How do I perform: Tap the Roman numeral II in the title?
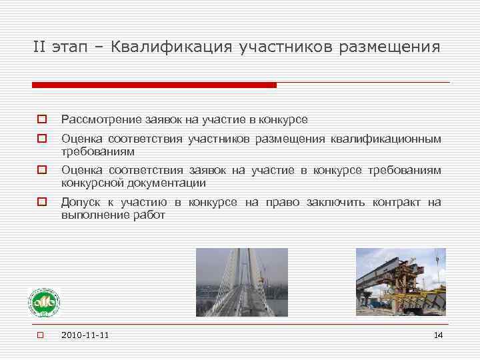tap(41, 47)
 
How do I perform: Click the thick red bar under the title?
tap(154, 85)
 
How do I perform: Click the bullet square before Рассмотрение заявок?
tap(41, 120)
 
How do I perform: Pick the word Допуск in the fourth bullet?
tap(78, 202)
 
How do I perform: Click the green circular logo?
tap(43, 303)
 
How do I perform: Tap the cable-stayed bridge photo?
tap(242, 282)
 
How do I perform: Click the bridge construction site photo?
tap(401, 282)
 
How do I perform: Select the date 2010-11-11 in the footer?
tap(85, 335)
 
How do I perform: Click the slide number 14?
tap(438, 335)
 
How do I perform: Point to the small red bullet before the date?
tap(40, 335)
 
